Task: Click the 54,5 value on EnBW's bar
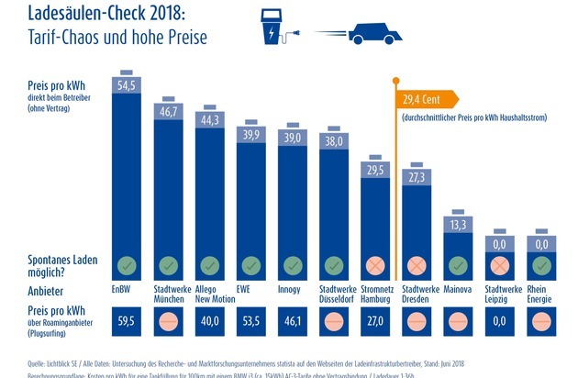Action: click(x=126, y=83)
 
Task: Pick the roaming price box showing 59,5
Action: click(x=126, y=322)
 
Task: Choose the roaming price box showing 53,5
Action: click(x=250, y=322)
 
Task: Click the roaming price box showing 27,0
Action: click(x=375, y=322)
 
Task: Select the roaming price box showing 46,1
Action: click(x=293, y=322)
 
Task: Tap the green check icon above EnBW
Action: click(x=126, y=266)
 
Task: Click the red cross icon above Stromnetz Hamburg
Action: click(x=375, y=266)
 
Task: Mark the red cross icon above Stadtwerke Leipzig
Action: click(x=500, y=266)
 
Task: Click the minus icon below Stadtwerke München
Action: click(x=168, y=322)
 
